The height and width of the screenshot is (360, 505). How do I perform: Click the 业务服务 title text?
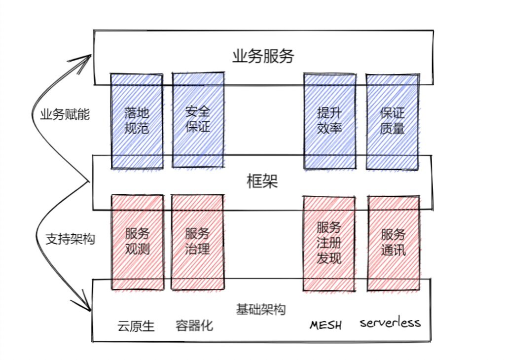tap(263, 56)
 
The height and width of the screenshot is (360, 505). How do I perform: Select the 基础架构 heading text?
tap(261, 309)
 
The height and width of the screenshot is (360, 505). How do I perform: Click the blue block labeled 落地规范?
tap(137, 121)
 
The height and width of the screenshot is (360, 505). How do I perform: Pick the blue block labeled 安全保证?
tap(198, 120)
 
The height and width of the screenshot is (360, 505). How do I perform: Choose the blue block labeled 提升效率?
tap(330, 121)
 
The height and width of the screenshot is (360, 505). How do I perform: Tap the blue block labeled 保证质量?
tap(392, 122)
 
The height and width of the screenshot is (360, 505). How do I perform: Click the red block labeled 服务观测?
tap(138, 242)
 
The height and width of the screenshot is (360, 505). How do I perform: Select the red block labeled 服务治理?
tap(197, 242)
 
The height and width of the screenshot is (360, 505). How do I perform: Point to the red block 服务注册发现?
tap(329, 244)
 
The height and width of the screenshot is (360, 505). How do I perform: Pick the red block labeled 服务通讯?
tap(394, 243)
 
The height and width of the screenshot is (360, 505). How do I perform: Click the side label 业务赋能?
tap(65, 114)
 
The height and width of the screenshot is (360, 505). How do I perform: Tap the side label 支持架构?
tap(70, 239)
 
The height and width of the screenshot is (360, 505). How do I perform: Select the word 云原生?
tap(136, 326)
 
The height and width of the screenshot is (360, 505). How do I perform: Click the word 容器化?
tap(194, 325)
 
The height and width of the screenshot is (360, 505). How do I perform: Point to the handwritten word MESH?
tap(325, 325)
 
